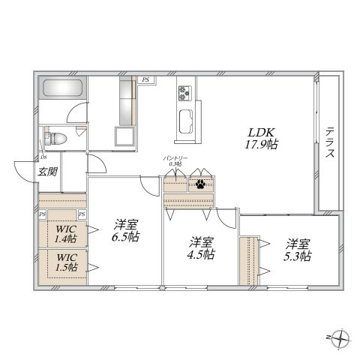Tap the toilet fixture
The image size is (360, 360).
click(57, 139)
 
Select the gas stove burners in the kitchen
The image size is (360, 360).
click(185, 94)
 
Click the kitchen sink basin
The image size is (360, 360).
click(186, 121)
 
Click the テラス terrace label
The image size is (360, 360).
click(329, 142)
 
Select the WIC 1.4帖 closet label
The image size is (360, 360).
click(64, 234)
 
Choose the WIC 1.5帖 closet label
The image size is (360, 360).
click(64, 263)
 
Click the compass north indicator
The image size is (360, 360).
click(341, 338)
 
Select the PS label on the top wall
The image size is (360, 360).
click(147, 78)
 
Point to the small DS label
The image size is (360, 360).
click(43, 158)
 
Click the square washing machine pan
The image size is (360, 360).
click(124, 138)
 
